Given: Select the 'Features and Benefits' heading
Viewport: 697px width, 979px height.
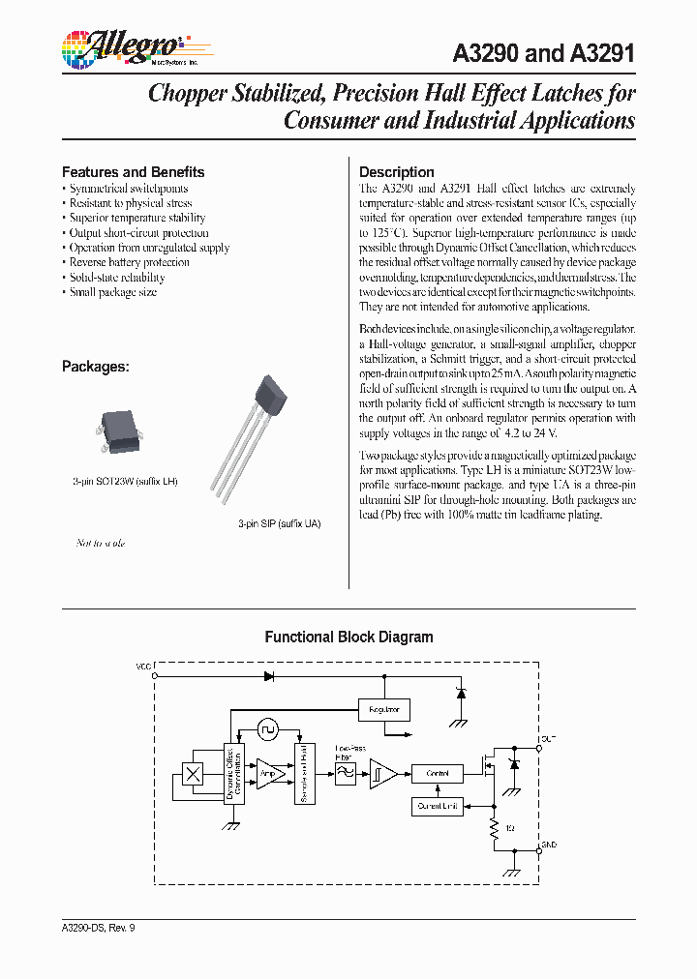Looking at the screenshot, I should (133, 172).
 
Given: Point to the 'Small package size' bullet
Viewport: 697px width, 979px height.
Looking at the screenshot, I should (112, 292).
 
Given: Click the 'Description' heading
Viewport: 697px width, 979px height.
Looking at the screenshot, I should (396, 172).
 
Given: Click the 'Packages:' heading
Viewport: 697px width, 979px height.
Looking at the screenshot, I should (95, 367).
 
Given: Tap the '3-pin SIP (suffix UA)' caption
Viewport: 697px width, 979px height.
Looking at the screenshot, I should (279, 523).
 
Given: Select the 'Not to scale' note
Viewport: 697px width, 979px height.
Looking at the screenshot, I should (101, 544).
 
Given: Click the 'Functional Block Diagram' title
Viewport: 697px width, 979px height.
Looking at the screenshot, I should (348, 638).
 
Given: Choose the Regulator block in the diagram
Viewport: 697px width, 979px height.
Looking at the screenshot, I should (383, 709).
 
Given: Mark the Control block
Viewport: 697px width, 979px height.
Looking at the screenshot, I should (438, 773).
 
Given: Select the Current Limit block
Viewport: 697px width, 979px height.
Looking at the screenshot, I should (438, 805).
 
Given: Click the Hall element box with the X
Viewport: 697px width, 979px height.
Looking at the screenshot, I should (193, 774).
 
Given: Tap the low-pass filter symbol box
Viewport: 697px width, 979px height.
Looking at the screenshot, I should (344, 773).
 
